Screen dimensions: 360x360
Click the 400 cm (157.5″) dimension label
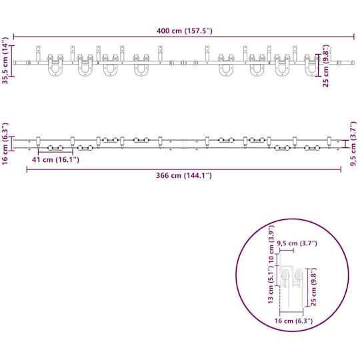pyautogui.click(x=185, y=31)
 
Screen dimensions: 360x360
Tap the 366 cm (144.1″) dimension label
pyautogui.click(x=184, y=175)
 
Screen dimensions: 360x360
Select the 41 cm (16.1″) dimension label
pyautogui.click(x=55, y=159)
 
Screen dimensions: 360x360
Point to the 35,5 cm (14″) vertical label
pyautogui.click(x=5, y=61)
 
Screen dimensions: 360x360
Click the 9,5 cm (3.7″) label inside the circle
pyautogui.click(x=297, y=243)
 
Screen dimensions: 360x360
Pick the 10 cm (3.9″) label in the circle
pyautogui.click(x=271, y=244)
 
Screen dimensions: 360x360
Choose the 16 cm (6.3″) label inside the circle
pyautogui.click(x=293, y=321)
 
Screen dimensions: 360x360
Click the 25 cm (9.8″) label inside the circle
pyautogui.click(x=313, y=287)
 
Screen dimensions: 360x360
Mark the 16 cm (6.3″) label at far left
pyautogui.click(x=5, y=143)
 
